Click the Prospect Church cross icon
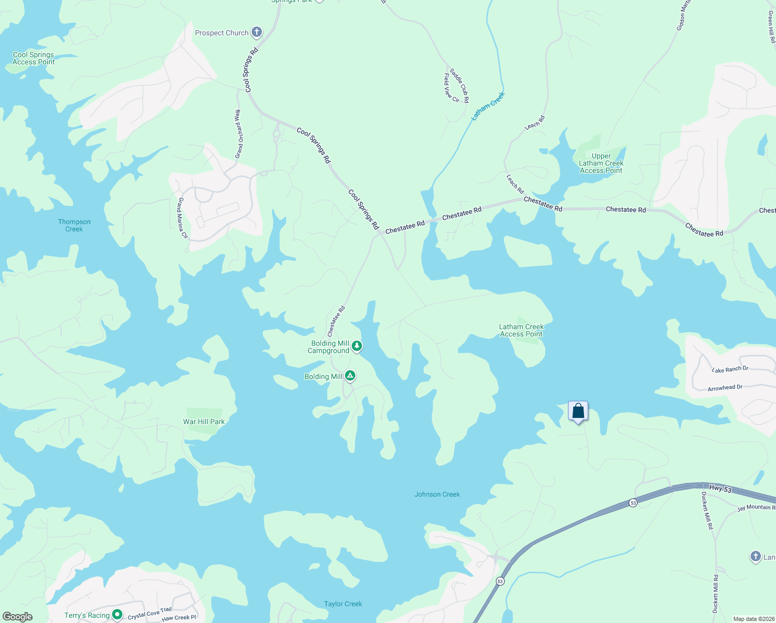pos(256,32)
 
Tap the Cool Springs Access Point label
pos(33,58)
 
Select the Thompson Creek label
pos(74,225)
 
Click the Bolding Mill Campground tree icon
pos(356,346)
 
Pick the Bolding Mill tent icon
pos(350,375)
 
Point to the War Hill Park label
pos(204,422)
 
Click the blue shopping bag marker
pos(578,412)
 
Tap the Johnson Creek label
pos(437,494)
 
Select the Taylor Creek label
pos(343,604)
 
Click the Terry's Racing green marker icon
pos(117,615)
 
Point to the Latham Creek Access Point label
pos(521,330)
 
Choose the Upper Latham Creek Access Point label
pos(601,163)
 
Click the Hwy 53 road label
pos(720,489)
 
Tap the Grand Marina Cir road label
pos(183,218)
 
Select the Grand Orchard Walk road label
pos(239,134)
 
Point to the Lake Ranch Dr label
pos(730,369)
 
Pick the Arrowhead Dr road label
pos(725,388)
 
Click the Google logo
pos(17,617)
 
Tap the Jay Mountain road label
pos(756,507)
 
